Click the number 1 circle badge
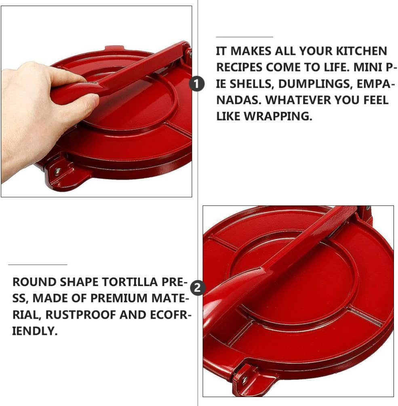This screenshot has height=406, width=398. click(x=197, y=84)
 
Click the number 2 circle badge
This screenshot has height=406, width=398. click(x=198, y=288)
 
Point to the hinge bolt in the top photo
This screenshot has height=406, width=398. click(x=189, y=52)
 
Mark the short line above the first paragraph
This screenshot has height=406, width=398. click(x=244, y=37)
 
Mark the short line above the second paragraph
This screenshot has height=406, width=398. click(x=37, y=265)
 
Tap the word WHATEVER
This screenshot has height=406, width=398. click(x=302, y=100)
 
